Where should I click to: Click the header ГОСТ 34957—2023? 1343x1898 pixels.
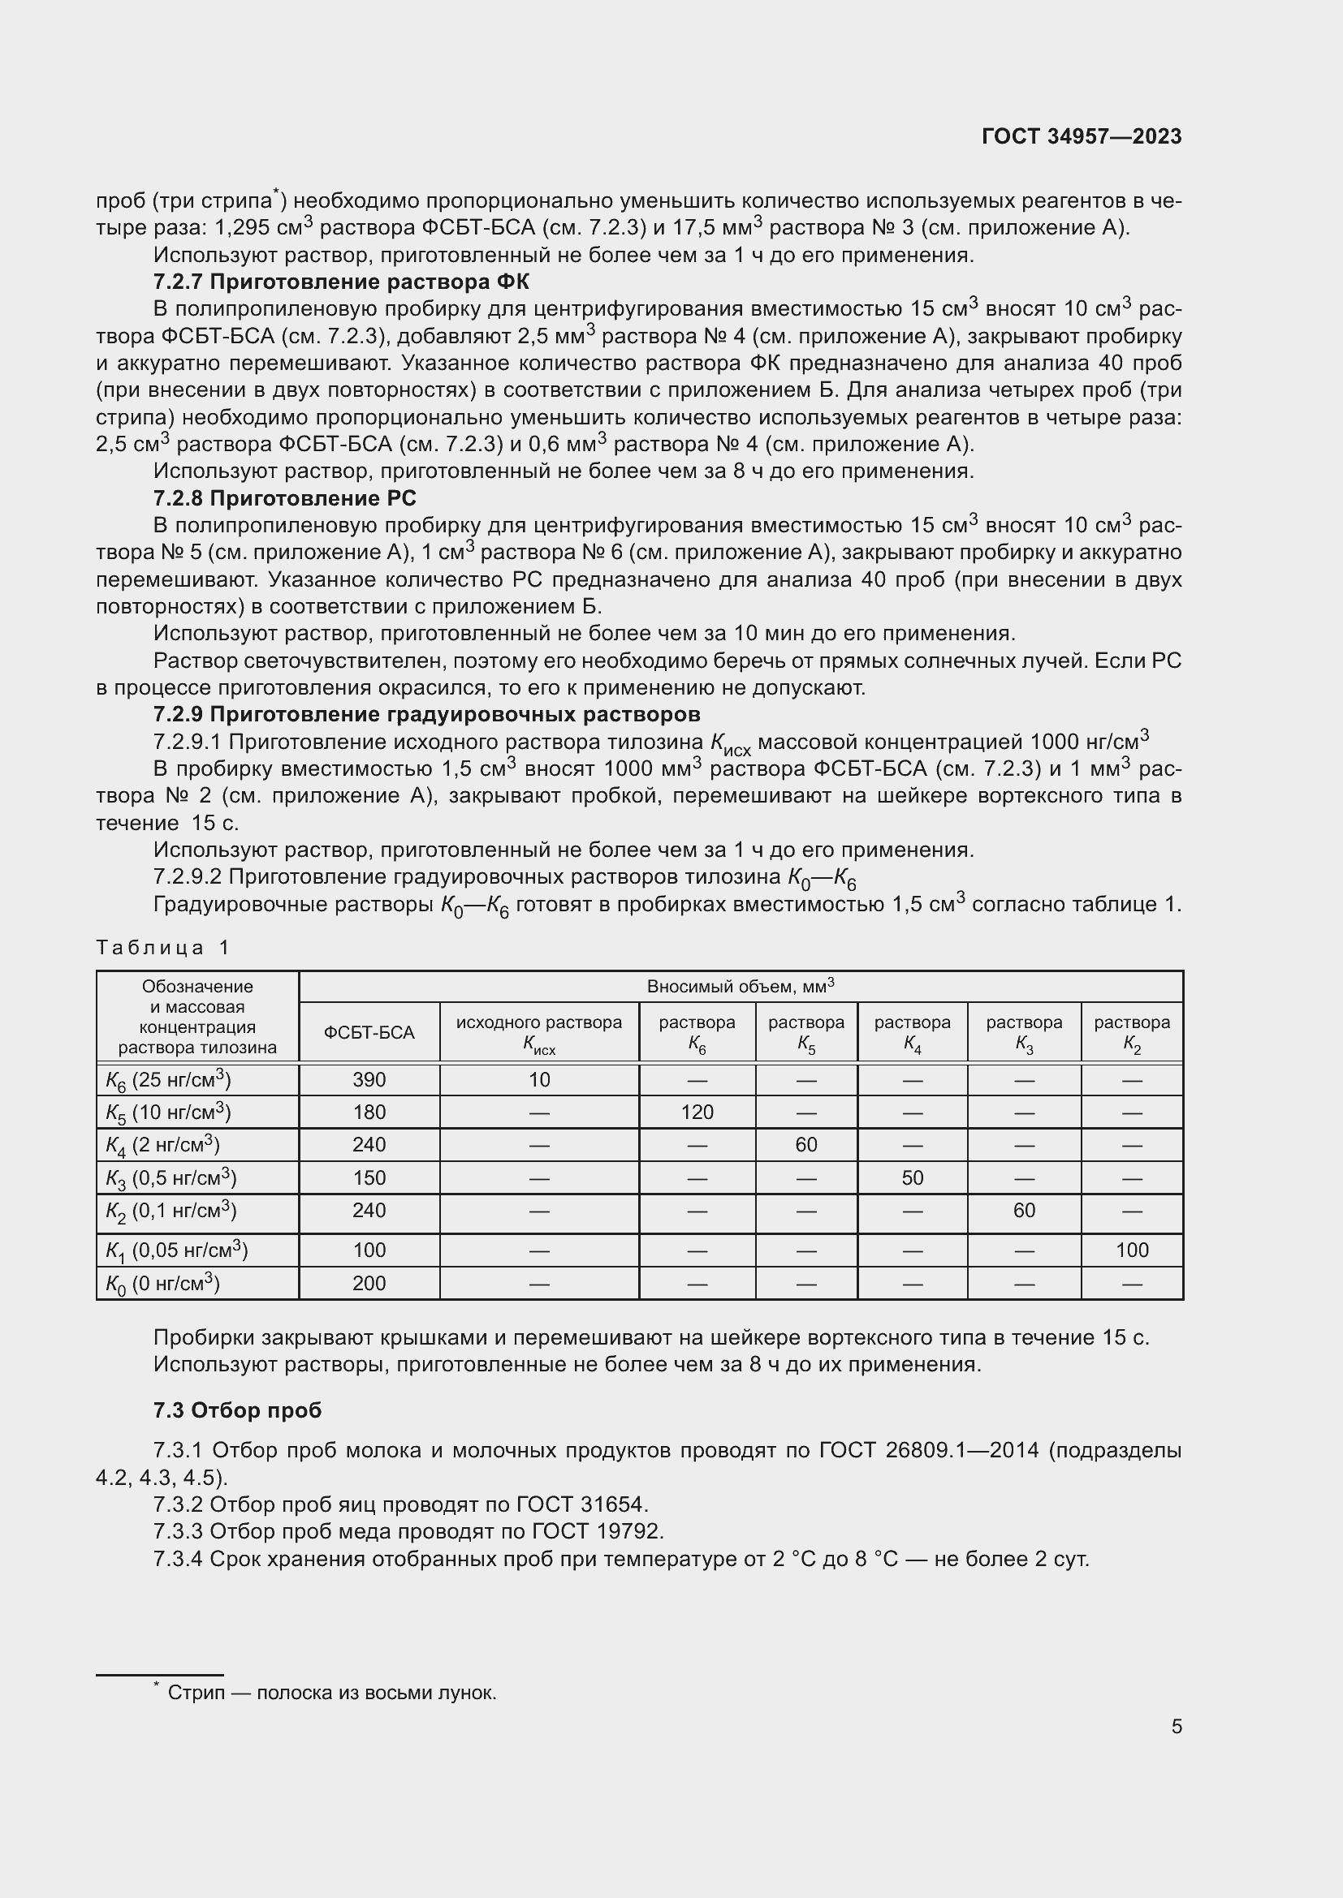coord(1082,136)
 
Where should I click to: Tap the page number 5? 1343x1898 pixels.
coord(1176,1726)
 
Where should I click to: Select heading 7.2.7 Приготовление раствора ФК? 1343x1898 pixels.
coord(341,282)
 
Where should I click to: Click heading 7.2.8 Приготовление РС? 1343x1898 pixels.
coord(284,497)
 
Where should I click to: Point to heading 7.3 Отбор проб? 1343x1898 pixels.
coord(237,1410)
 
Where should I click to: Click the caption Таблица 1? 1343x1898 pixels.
coord(162,947)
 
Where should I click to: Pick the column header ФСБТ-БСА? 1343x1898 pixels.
coord(369,1032)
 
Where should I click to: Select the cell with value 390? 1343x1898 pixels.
coord(369,1079)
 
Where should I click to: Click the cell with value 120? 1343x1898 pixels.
coord(697,1112)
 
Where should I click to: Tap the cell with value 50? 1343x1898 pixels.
coord(912,1177)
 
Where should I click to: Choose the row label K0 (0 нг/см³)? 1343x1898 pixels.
coord(162,1283)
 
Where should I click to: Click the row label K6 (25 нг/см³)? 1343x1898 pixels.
coord(168,1079)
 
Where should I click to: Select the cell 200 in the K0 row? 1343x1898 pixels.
coord(369,1283)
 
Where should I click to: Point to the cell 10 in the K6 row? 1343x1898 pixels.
coord(538,1079)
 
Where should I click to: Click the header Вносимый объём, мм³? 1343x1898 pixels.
coord(741,986)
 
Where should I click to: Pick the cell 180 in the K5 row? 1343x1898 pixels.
coord(369,1112)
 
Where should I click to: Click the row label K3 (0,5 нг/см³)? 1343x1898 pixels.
coord(171,1177)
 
